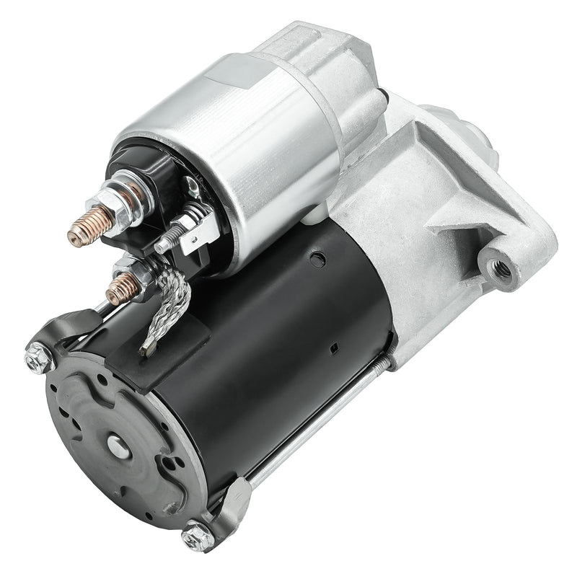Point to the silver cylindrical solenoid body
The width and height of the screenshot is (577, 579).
(238, 144)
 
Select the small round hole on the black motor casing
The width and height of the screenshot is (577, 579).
(312, 256)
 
